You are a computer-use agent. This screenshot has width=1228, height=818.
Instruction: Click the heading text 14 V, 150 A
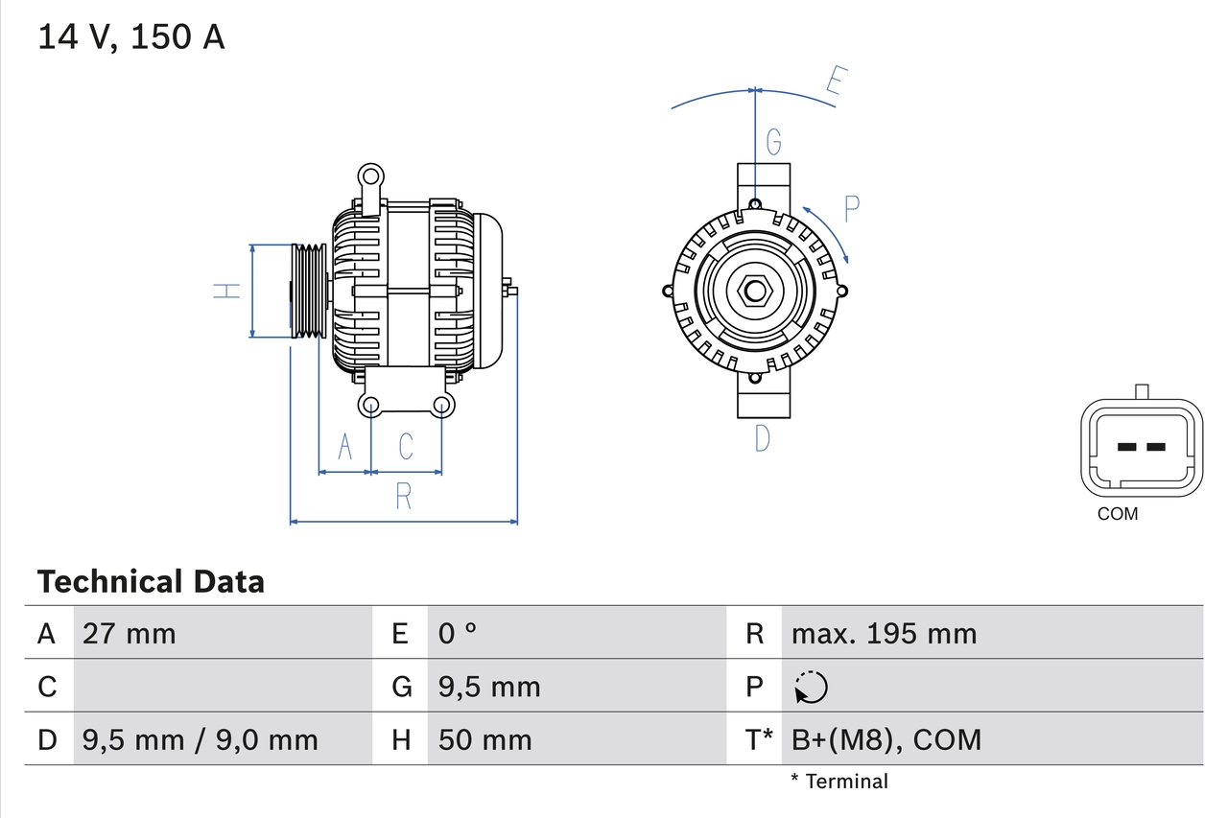click(131, 36)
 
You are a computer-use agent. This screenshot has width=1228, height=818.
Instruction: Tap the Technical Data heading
click(151, 582)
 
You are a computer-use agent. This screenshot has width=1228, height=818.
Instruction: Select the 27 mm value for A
click(130, 634)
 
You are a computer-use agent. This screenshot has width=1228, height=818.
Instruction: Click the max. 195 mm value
click(884, 634)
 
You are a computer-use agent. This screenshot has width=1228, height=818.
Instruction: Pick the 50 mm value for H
click(484, 740)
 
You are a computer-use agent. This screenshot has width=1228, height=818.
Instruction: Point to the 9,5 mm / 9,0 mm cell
click(200, 740)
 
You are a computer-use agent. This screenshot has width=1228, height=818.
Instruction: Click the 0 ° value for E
click(458, 634)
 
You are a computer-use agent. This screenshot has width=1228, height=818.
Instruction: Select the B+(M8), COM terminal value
click(886, 740)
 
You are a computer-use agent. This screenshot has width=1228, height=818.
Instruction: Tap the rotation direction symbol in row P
click(811, 688)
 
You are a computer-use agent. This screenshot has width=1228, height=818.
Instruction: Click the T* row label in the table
click(759, 740)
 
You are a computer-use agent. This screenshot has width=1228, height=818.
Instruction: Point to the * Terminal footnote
click(839, 782)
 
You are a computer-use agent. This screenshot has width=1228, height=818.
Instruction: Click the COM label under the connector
click(1118, 514)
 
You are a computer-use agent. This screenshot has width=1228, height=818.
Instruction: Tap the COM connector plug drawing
click(1141, 447)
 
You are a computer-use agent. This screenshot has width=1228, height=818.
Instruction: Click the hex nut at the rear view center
click(755, 291)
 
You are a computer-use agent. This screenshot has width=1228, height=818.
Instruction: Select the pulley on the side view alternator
click(309, 291)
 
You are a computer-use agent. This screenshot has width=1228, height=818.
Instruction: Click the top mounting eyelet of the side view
click(370, 176)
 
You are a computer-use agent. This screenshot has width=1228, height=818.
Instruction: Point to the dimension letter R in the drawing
click(403, 497)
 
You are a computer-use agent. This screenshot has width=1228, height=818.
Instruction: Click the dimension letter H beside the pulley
click(227, 291)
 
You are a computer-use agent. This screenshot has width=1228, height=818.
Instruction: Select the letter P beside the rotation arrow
click(851, 208)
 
